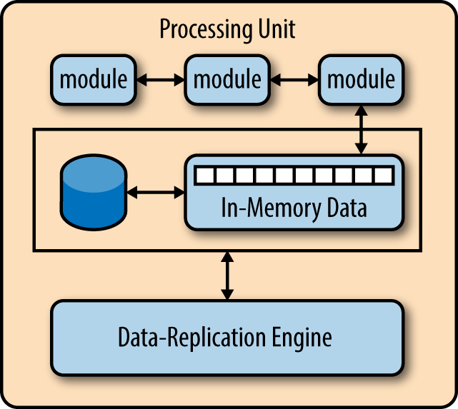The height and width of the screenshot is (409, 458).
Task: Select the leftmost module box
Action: click(94, 80)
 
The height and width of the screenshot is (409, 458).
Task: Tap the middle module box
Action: click(227, 80)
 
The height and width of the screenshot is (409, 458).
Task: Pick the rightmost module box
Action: click(361, 80)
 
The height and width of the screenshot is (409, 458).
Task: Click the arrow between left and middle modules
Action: click(160, 80)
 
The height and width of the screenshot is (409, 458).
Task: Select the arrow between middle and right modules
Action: click(294, 80)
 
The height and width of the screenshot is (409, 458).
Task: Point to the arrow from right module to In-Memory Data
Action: click(362, 129)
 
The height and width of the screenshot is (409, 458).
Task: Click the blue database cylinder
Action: click(94, 192)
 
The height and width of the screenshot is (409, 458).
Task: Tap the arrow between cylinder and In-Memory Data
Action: click(156, 192)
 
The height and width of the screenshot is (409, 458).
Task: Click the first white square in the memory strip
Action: click(205, 176)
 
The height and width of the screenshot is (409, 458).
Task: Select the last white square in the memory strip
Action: click(383, 176)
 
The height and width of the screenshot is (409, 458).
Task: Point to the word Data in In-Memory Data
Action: click(347, 207)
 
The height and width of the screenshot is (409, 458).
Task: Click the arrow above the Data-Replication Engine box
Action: click(227, 276)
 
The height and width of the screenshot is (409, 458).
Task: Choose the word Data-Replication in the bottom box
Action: click(192, 337)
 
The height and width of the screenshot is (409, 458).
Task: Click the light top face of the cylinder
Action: click(94, 174)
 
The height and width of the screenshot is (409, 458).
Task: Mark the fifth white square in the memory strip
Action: click(284, 176)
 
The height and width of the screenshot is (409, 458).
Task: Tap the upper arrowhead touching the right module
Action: click(362, 110)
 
